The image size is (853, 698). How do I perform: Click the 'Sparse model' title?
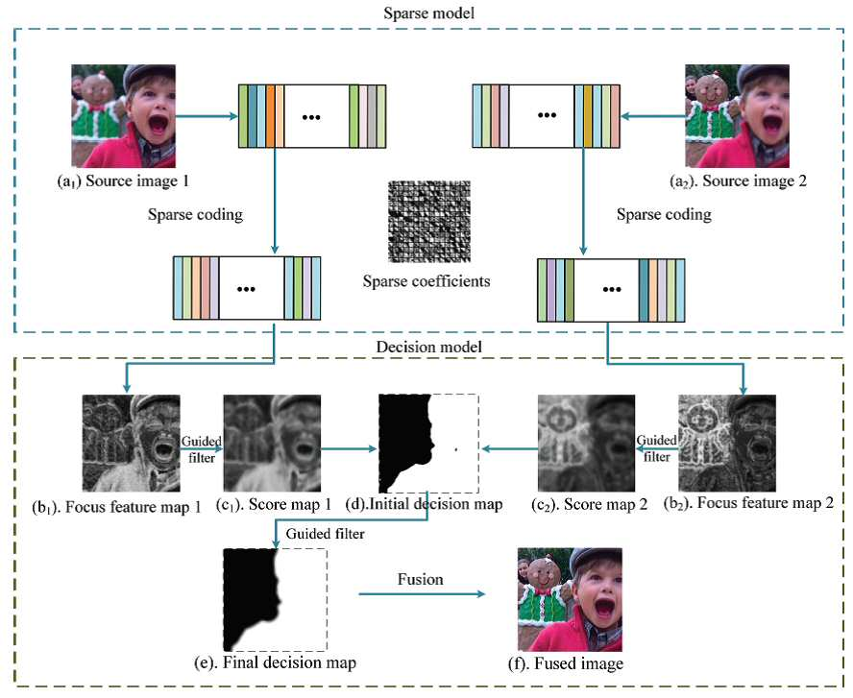click(428, 12)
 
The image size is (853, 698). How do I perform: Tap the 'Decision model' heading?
click(428, 347)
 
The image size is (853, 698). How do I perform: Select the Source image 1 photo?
click(124, 116)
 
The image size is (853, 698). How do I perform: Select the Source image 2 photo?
click(737, 116)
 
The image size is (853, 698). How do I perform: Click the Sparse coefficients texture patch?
click(429, 222)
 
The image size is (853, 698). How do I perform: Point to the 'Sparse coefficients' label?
click(426, 281)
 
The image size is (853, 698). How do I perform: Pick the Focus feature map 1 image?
click(131, 443)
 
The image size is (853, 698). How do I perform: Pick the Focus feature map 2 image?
click(727, 443)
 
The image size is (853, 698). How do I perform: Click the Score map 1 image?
click(272, 443)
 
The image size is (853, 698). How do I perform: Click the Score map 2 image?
click(586, 443)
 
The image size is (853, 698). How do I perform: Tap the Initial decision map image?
click(428, 443)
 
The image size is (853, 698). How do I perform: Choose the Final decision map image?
click(276, 600)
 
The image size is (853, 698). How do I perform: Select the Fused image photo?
click(571, 600)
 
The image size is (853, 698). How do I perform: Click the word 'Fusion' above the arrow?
click(420, 580)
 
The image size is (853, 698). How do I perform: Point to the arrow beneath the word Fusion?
click(422, 594)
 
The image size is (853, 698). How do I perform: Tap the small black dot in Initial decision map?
click(456, 449)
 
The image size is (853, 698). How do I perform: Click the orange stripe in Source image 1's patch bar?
click(270, 116)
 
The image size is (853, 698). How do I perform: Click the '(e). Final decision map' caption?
click(276, 662)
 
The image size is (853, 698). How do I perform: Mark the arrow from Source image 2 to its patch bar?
click(653, 116)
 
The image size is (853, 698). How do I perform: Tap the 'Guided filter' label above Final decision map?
click(325, 534)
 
